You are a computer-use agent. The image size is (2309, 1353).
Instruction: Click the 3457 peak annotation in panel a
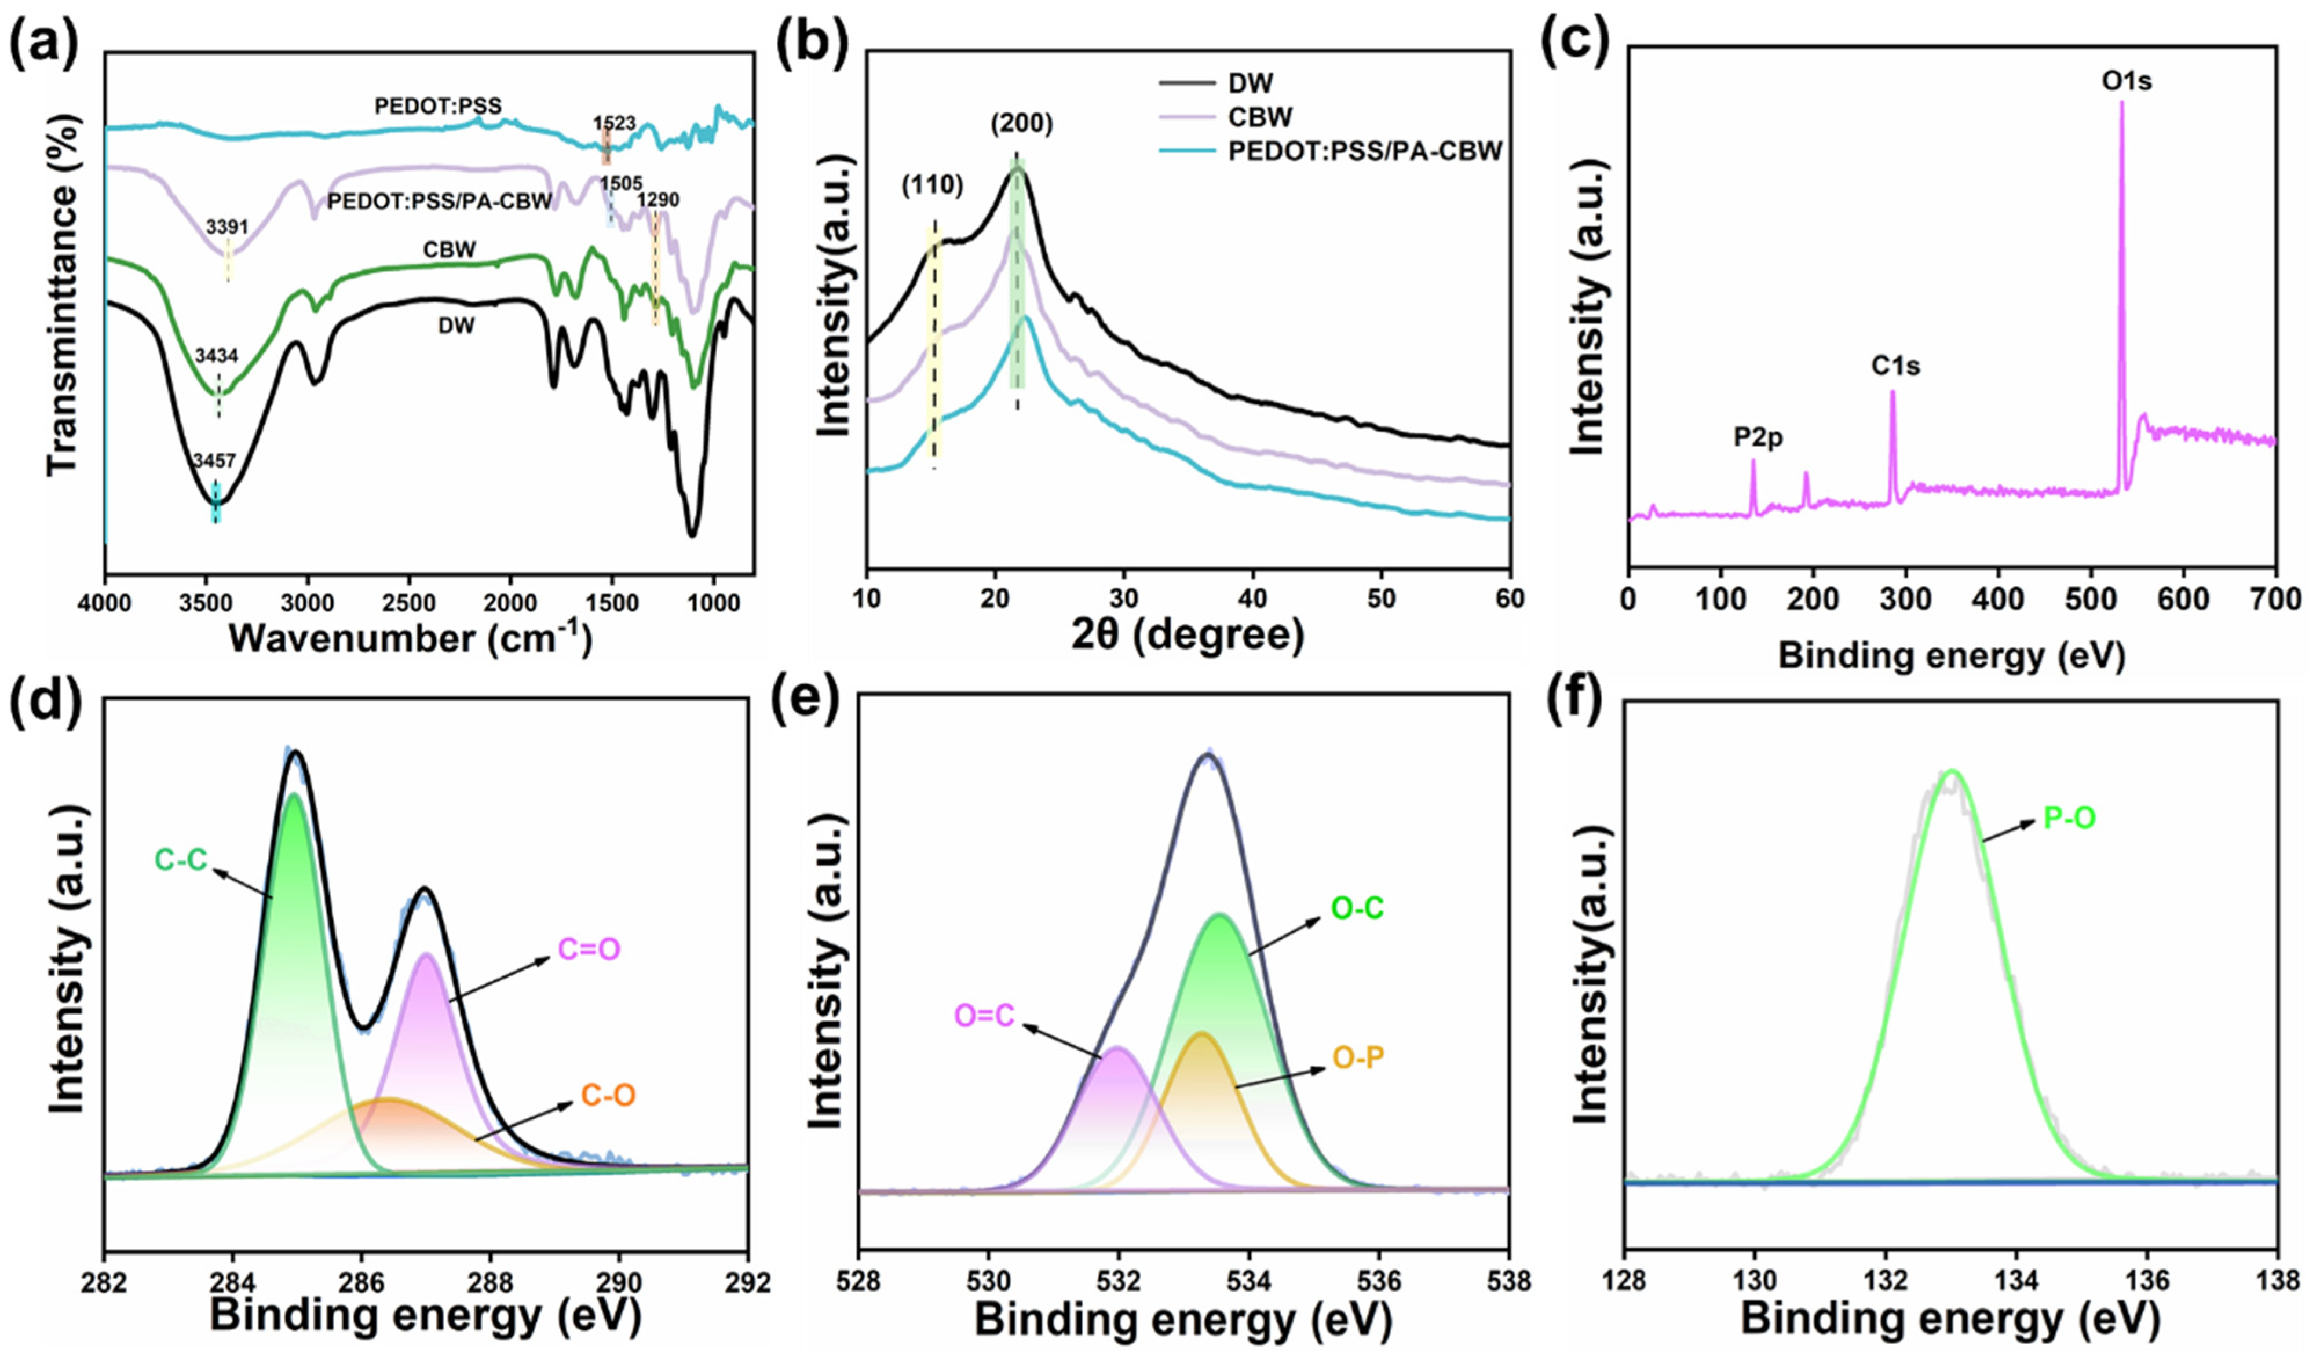click(x=214, y=463)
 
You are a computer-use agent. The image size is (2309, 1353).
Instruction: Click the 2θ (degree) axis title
click(x=1188, y=635)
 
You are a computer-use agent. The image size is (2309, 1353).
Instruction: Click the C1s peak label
click(x=1896, y=367)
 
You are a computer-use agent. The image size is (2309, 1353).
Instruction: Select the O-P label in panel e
click(x=1358, y=1058)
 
